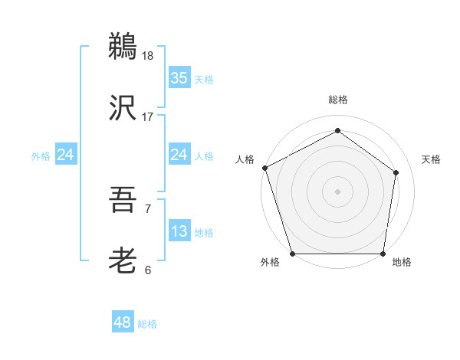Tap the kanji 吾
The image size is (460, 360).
(123, 201)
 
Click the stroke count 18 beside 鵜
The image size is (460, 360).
(149, 56)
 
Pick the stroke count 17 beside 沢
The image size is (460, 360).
(148, 117)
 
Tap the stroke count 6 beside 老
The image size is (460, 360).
(147, 270)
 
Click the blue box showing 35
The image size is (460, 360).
(179, 78)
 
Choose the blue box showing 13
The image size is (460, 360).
(179, 231)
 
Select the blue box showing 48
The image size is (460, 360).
(123, 322)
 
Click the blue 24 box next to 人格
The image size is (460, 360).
(179, 155)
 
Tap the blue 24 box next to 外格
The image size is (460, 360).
(66, 155)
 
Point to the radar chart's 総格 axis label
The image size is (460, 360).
(338, 100)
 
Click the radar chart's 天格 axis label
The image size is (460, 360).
(431, 159)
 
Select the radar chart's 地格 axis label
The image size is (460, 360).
(402, 263)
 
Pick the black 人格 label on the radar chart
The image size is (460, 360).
(245, 159)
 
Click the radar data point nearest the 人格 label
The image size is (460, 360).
(265, 168)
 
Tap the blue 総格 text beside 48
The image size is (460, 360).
(147, 324)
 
